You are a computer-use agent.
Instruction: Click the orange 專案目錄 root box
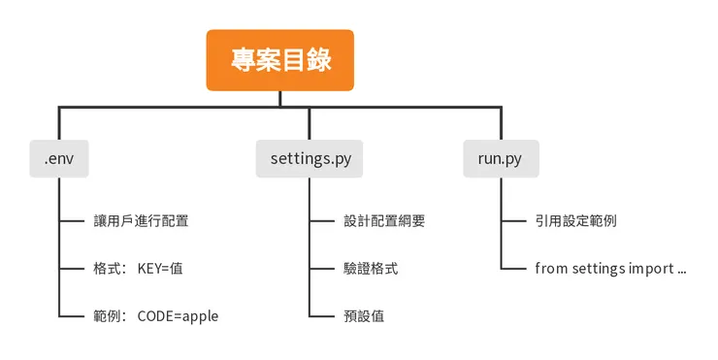coord(280,60)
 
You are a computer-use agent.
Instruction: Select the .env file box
coord(58,158)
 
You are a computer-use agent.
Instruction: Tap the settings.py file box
coord(310,158)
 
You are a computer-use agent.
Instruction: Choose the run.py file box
coord(501,158)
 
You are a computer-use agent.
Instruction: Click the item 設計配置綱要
coord(384,220)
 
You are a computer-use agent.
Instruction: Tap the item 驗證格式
coord(371,268)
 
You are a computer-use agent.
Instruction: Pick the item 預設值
coord(364,315)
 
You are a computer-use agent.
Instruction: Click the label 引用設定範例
coord(575,220)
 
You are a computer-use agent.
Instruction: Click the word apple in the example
coord(199,315)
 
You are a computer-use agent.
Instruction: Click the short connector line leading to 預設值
coord(322,315)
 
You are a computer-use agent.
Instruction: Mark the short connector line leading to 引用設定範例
coord(513,220)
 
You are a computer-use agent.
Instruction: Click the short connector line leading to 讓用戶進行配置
coord(71,220)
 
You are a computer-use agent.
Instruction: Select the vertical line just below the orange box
coord(280,98)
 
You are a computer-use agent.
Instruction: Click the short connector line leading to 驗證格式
coord(322,268)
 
